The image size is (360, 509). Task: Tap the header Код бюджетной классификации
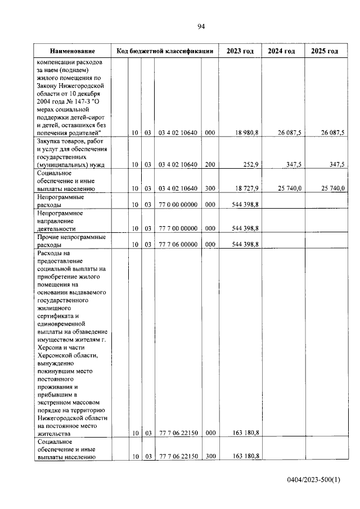164,51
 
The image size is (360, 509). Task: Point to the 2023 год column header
240,51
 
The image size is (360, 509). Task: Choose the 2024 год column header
282,51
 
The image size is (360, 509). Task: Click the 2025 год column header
325,51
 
